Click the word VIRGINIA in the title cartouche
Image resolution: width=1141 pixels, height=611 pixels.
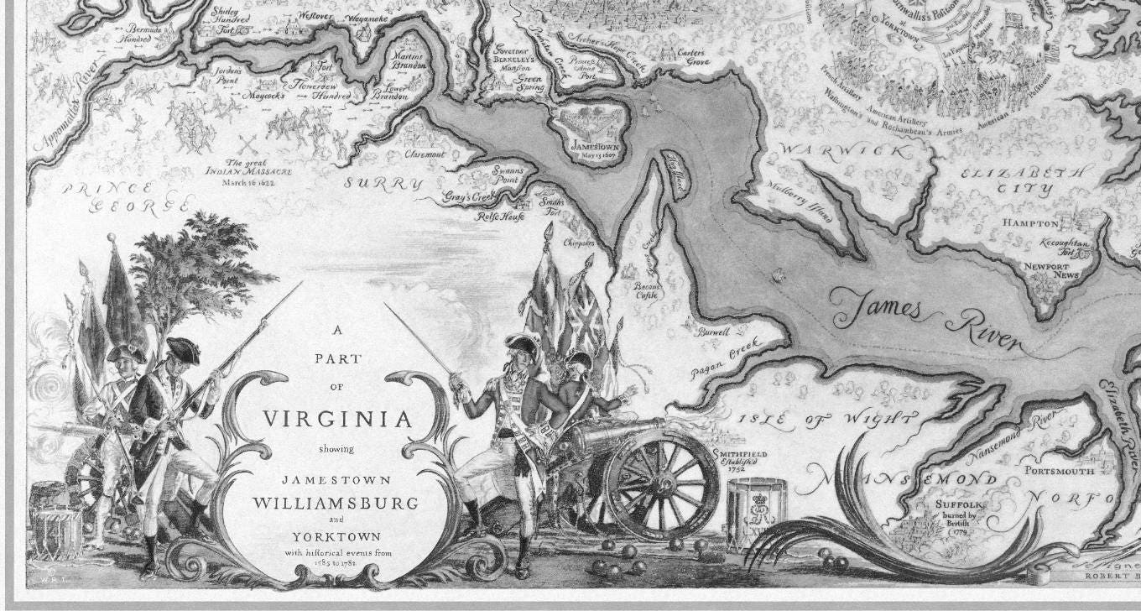[x=338, y=418]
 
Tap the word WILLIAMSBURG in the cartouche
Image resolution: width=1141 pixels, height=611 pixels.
[x=336, y=504]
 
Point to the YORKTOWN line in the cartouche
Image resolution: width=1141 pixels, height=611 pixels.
[x=336, y=536]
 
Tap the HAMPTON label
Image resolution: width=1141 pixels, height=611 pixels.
[x=1031, y=223]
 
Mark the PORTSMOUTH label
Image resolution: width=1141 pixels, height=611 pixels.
[x=1060, y=471]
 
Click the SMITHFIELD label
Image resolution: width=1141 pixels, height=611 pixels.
[x=740, y=454]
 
